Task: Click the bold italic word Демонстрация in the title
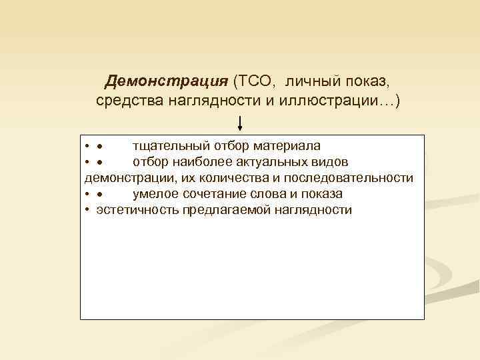coord(167,82)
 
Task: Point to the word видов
coord(327,162)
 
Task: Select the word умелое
coord(153,194)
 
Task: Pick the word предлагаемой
coord(217,210)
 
